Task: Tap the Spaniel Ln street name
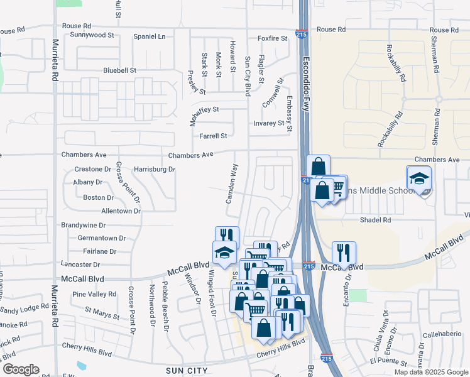pyautogui.click(x=149, y=36)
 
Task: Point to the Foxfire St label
pyautogui.click(x=272, y=38)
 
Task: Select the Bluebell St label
pyautogui.click(x=119, y=70)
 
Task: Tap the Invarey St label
pyautogui.click(x=269, y=123)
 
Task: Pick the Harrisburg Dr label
pyautogui.click(x=154, y=169)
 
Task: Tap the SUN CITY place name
pyautogui.click(x=187, y=371)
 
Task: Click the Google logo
pyautogui.click(x=20, y=369)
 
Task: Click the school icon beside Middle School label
pyautogui.click(x=419, y=178)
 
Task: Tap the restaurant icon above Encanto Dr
pyautogui.click(x=344, y=253)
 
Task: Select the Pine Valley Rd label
pyautogui.click(x=94, y=293)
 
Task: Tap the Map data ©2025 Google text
pyautogui.click(x=430, y=372)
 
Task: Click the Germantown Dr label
pyautogui.click(x=101, y=238)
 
